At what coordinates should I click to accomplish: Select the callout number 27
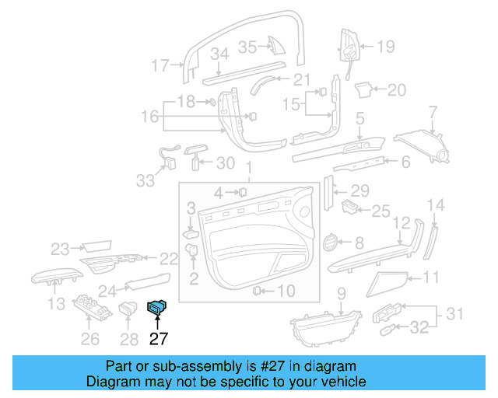(x=158, y=338)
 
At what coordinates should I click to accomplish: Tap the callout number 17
(x=160, y=66)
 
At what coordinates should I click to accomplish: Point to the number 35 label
(x=247, y=47)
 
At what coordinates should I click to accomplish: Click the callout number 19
(x=386, y=47)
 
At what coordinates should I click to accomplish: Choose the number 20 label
(x=397, y=90)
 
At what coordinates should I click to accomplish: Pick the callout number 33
(x=145, y=180)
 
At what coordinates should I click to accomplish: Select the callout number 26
(x=90, y=338)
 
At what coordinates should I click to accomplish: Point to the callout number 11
(x=431, y=277)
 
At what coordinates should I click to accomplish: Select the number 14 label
(x=437, y=205)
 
